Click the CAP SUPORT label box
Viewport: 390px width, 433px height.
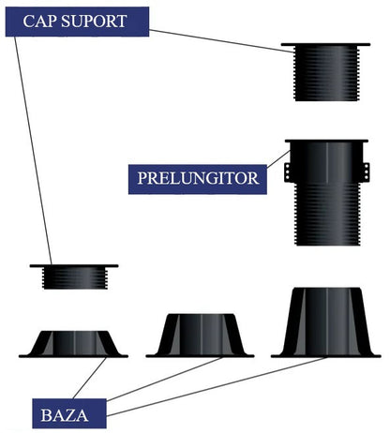tap(77, 22)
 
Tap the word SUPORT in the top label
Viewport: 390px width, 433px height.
tap(94, 22)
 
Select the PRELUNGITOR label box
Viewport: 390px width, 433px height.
tap(198, 179)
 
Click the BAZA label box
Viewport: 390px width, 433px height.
tap(69, 413)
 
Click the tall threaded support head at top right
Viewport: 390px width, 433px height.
tap(325, 72)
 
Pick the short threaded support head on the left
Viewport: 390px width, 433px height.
tap(74, 276)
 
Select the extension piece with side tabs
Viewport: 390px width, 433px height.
tap(327, 192)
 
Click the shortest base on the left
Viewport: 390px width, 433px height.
tap(73, 344)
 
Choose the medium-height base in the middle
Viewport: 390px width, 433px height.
tap(200, 336)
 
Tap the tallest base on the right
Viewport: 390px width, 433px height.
tap(325, 322)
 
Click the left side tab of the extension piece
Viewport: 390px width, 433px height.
tap(288, 172)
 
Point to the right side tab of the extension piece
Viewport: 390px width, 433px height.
tap(367, 172)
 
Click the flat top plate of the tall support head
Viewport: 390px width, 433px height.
tap(325, 45)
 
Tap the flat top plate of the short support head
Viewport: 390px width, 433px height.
tap(74, 266)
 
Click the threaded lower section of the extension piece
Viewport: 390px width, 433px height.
tap(327, 215)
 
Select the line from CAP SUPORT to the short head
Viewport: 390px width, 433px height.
tap(33, 151)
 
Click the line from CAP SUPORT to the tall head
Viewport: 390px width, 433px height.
tap(222, 40)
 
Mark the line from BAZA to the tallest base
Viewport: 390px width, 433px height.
tap(217, 386)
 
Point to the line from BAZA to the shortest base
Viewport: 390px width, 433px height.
tap(90, 378)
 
